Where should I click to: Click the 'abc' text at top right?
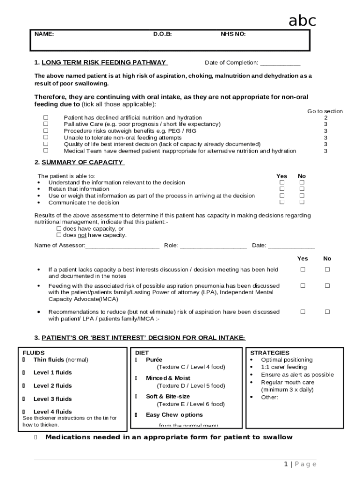coord(302,21)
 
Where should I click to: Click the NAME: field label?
coord(44,34)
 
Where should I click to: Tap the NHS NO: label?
coord(233,34)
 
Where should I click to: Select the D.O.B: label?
coord(162,34)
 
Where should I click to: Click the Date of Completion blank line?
coord(280,63)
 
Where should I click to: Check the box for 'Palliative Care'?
coord(46,124)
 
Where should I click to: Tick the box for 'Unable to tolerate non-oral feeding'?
coord(46,138)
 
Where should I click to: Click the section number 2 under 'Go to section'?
coord(325,118)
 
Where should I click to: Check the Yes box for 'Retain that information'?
coord(282,189)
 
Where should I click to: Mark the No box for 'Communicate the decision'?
coord(302,202)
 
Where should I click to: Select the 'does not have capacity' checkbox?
coord(59,235)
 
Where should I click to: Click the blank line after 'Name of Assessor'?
coord(122,246)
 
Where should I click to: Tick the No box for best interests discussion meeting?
coord(327,269)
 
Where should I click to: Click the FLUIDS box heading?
coord(34,353)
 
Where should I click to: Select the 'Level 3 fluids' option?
coord(52,399)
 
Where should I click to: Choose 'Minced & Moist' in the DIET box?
coord(168,378)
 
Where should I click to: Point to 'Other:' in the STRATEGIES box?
coord(269,397)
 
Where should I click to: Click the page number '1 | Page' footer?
coord(300,464)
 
